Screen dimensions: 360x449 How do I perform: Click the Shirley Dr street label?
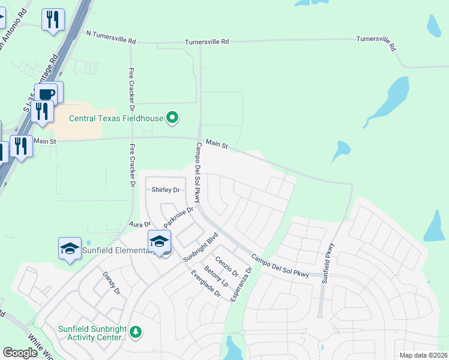click(165, 190)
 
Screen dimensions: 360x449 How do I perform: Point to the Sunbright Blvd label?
click(199, 247)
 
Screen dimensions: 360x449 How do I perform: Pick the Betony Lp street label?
click(216, 275)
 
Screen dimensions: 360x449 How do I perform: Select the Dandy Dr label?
click(112, 283)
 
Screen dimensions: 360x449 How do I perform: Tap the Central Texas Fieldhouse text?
click(116, 118)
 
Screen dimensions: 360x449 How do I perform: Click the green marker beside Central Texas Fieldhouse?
click(173, 118)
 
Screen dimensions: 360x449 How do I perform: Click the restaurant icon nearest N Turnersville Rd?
click(53, 20)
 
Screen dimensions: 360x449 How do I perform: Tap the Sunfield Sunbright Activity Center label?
click(92, 333)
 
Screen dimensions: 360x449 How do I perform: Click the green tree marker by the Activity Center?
click(136, 332)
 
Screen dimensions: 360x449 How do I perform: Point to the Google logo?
click(20, 353)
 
